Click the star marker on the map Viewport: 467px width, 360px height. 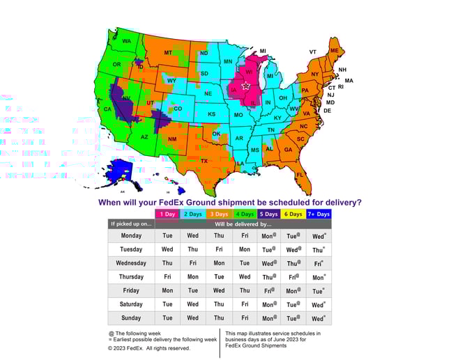tap(245, 86)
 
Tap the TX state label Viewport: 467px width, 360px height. tap(205, 160)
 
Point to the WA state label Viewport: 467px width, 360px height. tap(127, 41)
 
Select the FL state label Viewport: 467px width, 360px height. tap(300, 174)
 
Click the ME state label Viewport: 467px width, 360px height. tap(335, 52)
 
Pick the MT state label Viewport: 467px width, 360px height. tap(168, 53)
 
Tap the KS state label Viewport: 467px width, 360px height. tap(211, 113)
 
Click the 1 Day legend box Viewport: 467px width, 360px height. tap(167, 214)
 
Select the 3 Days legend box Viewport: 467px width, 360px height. tap(218, 214)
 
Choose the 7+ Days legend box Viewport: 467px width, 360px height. tap(319, 214)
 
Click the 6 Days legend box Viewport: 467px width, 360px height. tap(293, 214)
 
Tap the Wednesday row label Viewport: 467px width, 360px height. tap(131, 263)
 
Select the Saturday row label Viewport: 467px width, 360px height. tap(131, 304)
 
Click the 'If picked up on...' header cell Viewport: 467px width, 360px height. tap(131, 224)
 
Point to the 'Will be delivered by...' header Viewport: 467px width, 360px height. tap(243, 224)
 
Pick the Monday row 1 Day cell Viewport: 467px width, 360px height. tap(167, 236)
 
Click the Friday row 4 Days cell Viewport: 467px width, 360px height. tap(245, 290)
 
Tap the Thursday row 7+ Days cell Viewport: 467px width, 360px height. tap(319, 276)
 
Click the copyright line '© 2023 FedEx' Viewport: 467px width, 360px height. tap(148, 348)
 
